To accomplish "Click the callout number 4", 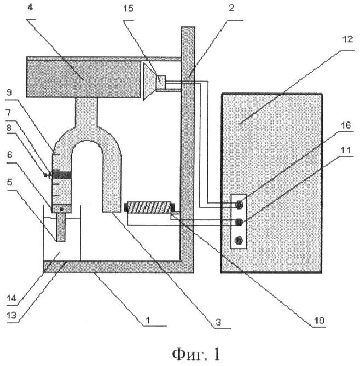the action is coord(30,8).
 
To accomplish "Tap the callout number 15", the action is coord(128,9).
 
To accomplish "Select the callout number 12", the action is coord(347,39).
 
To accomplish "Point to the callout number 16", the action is coord(346,125).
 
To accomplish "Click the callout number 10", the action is coord(319,320).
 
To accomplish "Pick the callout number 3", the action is coord(218,322).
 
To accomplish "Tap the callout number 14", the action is coord(11,298).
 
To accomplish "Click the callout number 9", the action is coord(9,92).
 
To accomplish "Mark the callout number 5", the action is coord(9,182).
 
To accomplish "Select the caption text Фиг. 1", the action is coord(196,354).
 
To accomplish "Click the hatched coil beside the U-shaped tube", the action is coord(149,207).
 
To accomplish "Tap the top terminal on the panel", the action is coord(239,205).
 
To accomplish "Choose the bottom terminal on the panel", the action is coord(239,240).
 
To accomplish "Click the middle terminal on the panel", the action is coord(239,222).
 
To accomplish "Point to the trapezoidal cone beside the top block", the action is coord(150,82).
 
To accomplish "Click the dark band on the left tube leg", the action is coord(61,175).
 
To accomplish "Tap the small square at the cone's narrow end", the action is coord(161,82).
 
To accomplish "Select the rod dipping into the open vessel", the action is coord(61,228).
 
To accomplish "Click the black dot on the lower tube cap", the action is coord(62,210).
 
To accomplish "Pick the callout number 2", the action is coord(231,8).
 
